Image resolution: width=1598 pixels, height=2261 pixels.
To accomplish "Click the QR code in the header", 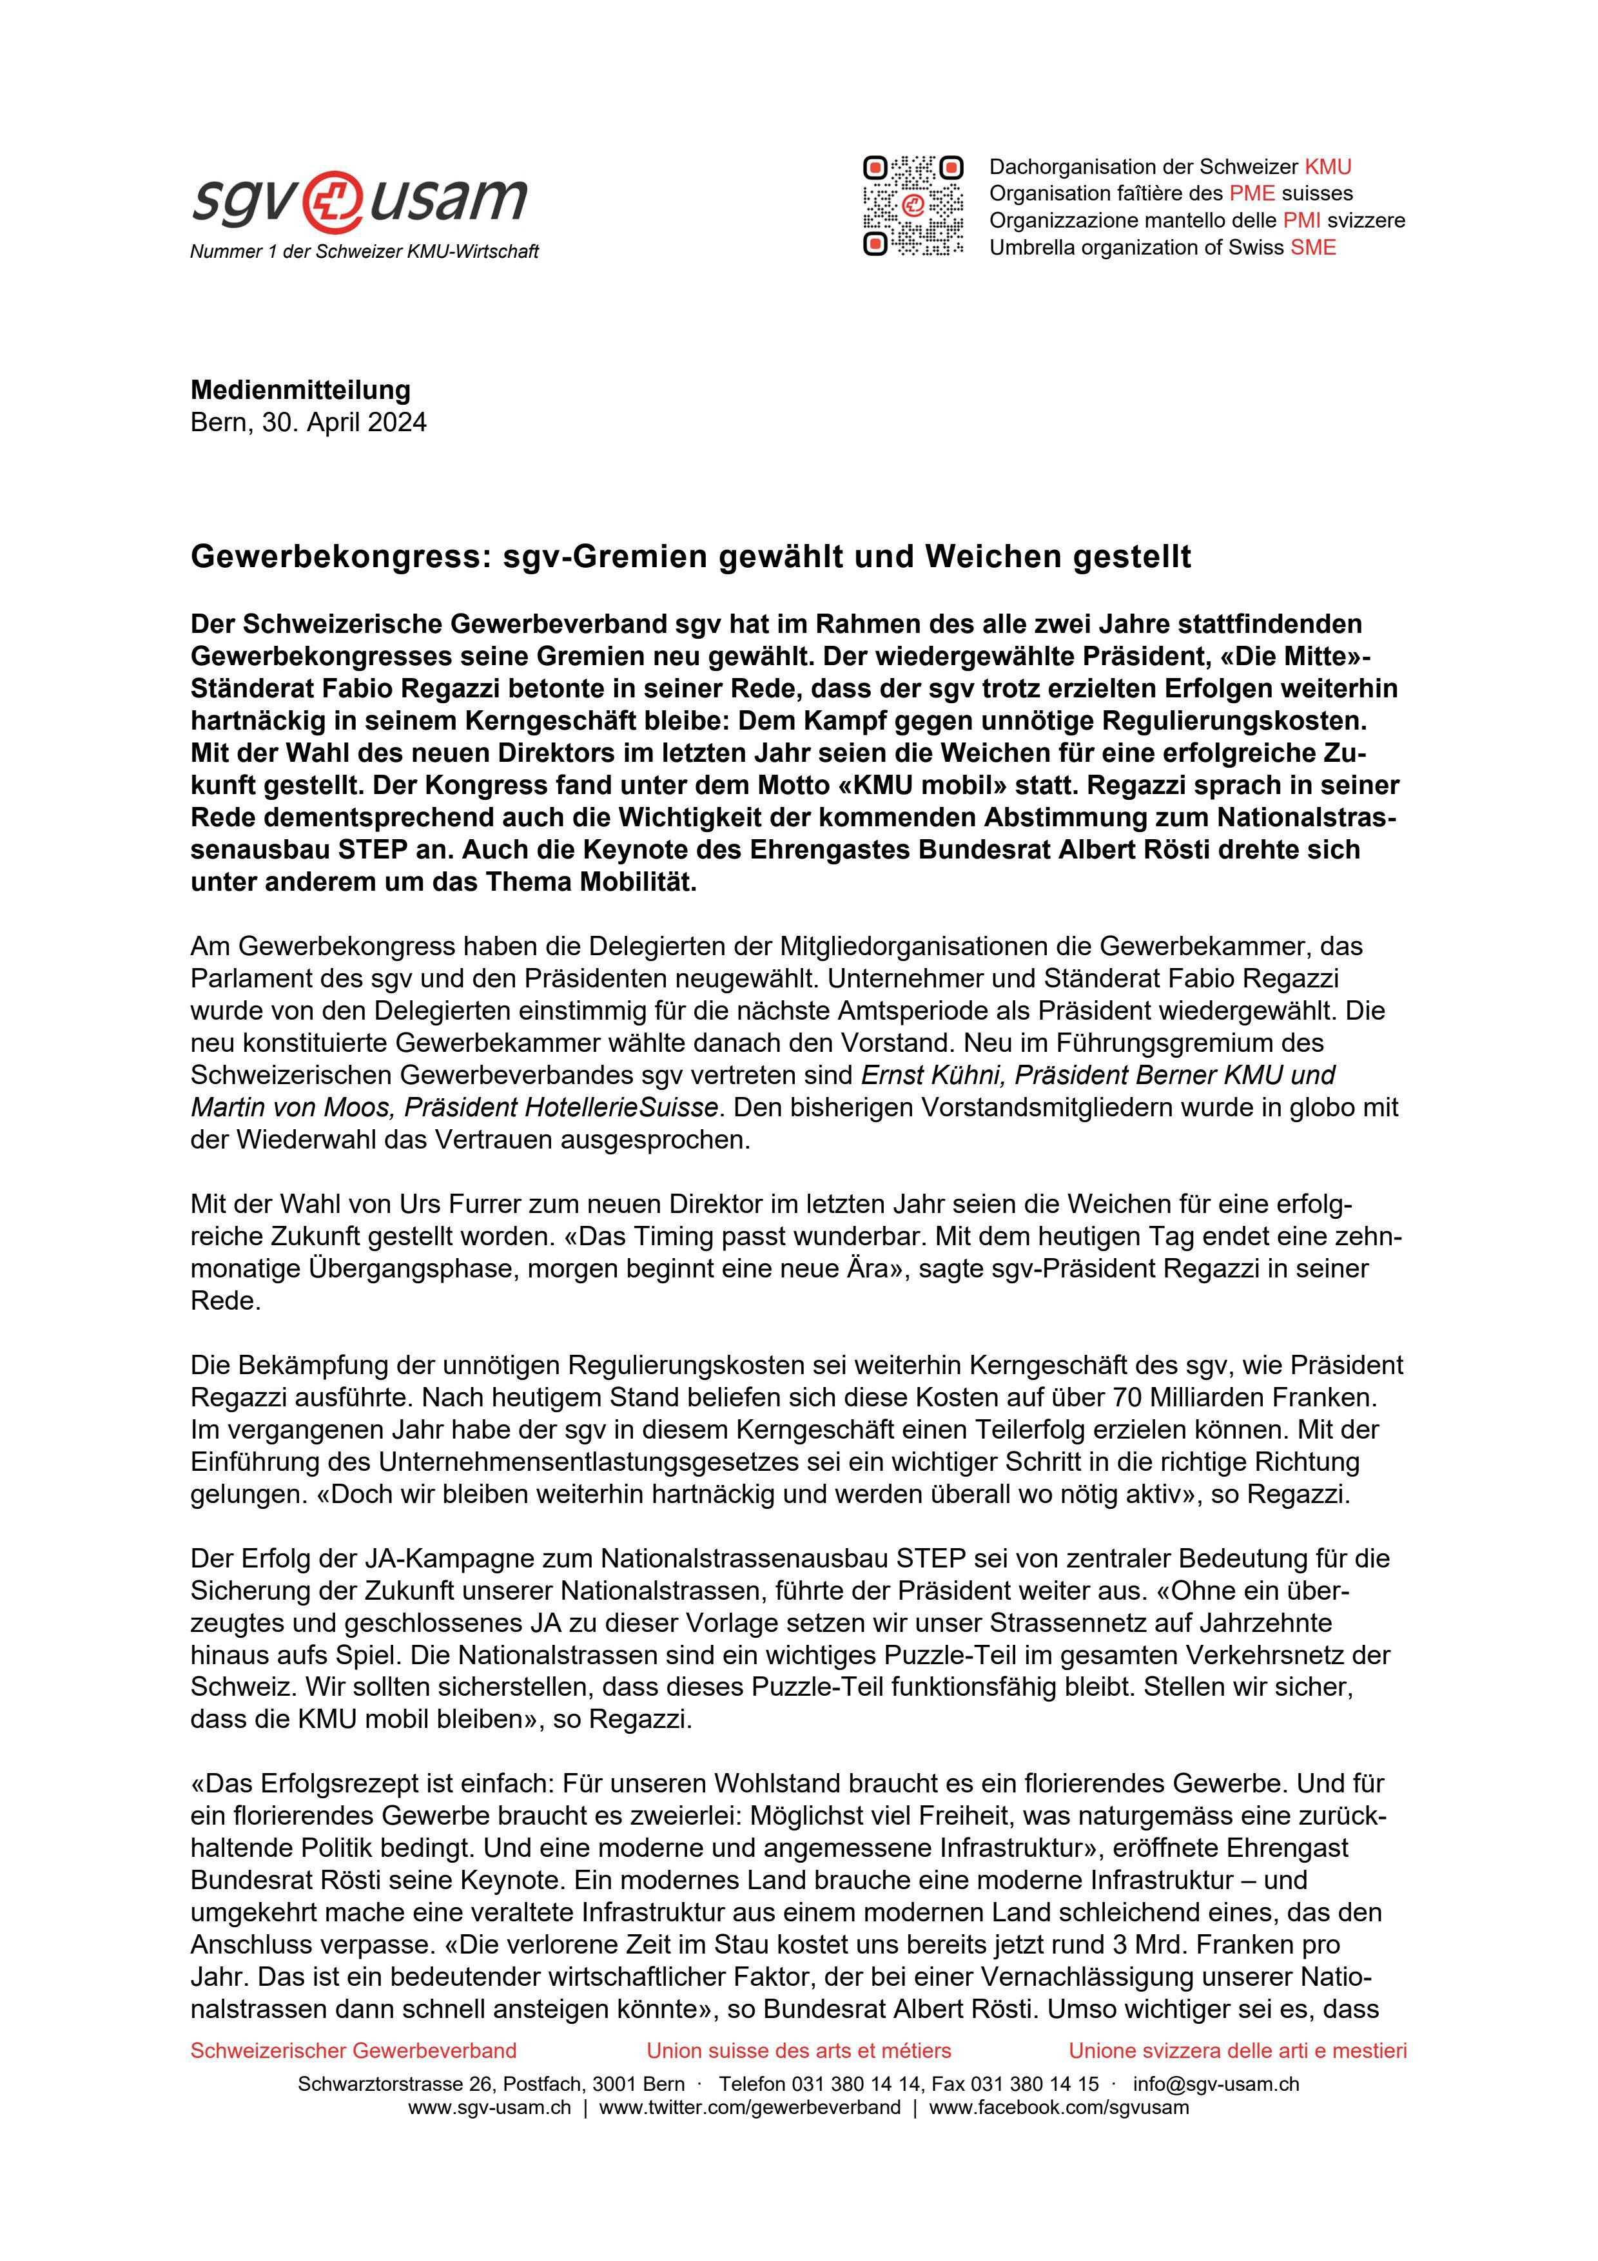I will [x=913, y=206].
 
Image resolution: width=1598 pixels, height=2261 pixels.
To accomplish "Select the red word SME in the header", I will [x=1314, y=247].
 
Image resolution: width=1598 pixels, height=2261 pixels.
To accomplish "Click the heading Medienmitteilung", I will [x=300, y=390].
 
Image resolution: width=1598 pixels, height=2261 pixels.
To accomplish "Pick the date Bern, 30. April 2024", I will [x=308, y=422].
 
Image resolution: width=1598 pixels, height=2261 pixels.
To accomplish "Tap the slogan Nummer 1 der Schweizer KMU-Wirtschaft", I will [x=364, y=252].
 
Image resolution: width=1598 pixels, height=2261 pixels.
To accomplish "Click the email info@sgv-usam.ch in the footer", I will [x=1216, y=2084].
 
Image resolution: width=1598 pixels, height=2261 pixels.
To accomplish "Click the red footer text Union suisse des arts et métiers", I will [x=799, y=2050].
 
